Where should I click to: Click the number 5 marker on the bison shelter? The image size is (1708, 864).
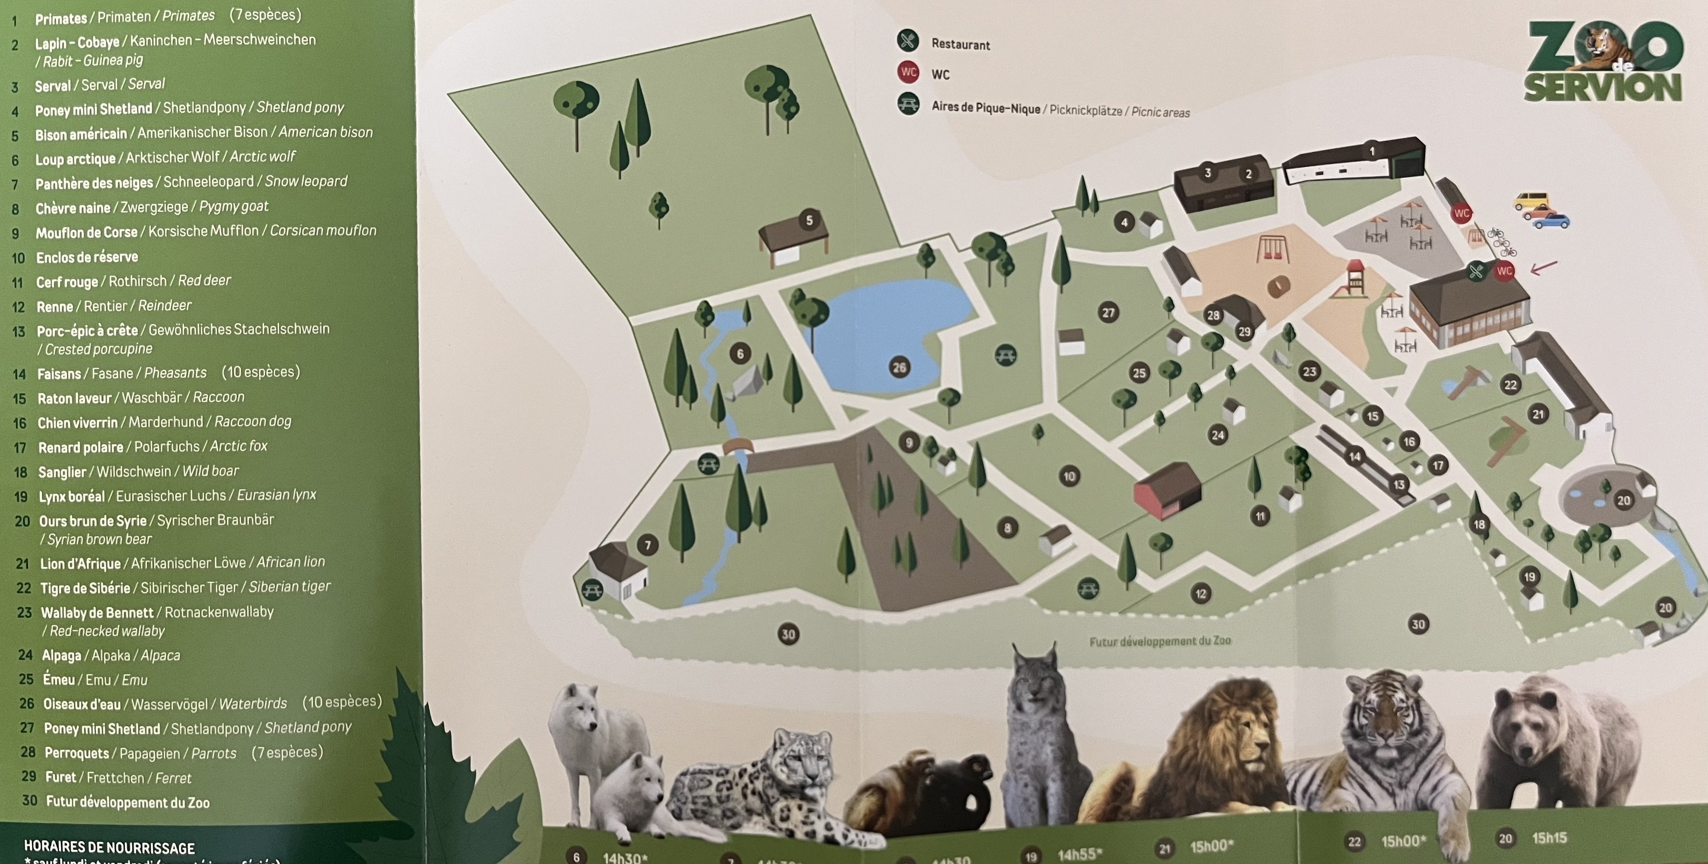tap(809, 220)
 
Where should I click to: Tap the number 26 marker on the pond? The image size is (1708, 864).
tap(899, 367)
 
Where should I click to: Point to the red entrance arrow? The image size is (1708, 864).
tap(1543, 267)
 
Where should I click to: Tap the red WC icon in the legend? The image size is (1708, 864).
tap(908, 72)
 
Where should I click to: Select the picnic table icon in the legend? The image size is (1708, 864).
tap(908, 104)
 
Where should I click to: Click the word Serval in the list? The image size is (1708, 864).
tap(52, 85)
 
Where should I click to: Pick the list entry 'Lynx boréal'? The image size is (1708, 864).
tap(72, 497)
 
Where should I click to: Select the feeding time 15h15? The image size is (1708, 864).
tap(1549, 838)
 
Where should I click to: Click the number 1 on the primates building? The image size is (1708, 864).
tap(1372, 151)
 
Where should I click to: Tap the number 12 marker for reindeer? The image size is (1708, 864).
tap(1201, 593)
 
